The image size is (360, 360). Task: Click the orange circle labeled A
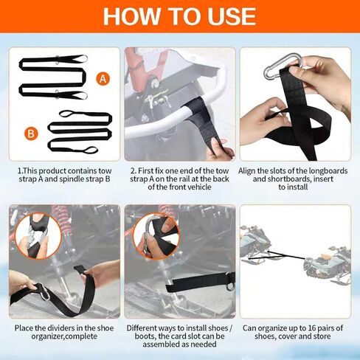103,79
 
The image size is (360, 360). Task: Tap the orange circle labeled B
31,134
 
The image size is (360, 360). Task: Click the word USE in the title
232,16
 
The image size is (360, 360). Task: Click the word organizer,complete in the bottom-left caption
64,336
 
